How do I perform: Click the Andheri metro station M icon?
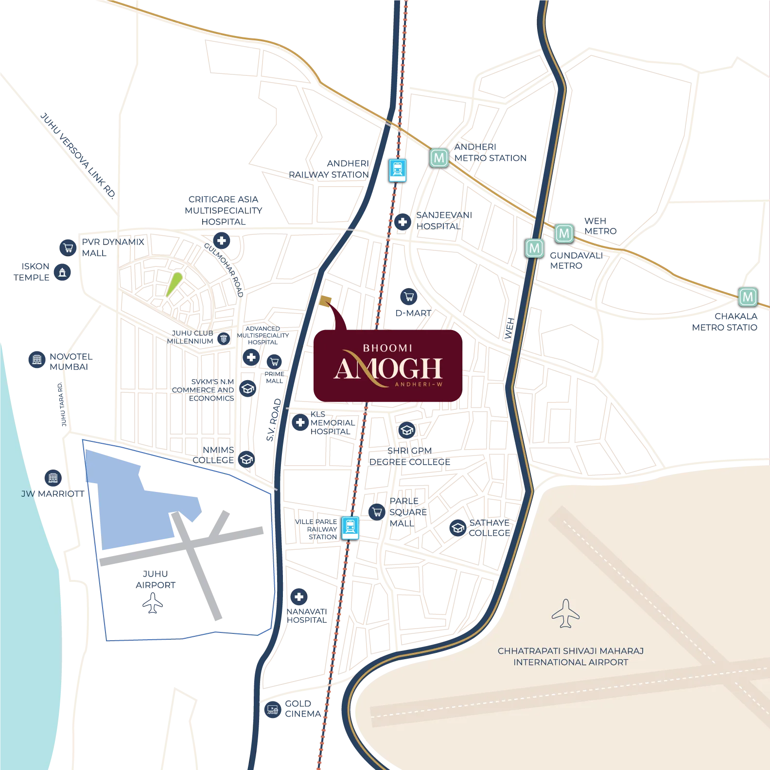pos(439,158)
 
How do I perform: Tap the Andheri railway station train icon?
pos(398,170)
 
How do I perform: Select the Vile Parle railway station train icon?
pos(350,527)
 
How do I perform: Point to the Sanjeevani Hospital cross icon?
pos(402,222)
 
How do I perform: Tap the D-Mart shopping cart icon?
pos(409,296)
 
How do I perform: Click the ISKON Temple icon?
pos(62,273)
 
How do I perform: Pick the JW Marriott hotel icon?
pos(53,478)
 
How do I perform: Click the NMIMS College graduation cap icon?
pos(246,459)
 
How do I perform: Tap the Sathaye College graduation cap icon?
pos(457,527)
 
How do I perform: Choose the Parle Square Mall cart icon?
pos(377,511)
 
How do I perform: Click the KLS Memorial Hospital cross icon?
pos(300,422)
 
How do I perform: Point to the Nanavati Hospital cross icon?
pos(299,597)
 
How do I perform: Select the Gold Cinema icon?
pos(273,709)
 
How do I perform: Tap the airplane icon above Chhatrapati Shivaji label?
pos(565,613)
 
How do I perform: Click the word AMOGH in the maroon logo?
pos(388,369)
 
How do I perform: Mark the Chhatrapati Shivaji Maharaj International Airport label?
pos(570,656)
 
